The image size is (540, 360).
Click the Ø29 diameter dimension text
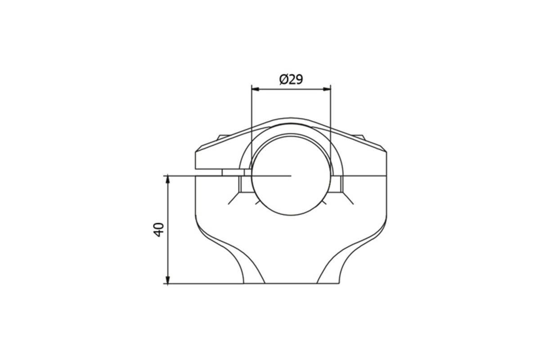291,80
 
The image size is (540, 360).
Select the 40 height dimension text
159,229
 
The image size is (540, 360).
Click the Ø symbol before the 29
283,80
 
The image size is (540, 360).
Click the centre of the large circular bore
291,175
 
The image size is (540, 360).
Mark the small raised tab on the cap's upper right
360,136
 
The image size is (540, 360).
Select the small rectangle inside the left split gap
233,172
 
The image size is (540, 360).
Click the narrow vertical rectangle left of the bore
245,184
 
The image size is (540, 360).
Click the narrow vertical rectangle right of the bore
337,184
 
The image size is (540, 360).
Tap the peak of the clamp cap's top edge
291,120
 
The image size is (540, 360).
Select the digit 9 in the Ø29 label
298,80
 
